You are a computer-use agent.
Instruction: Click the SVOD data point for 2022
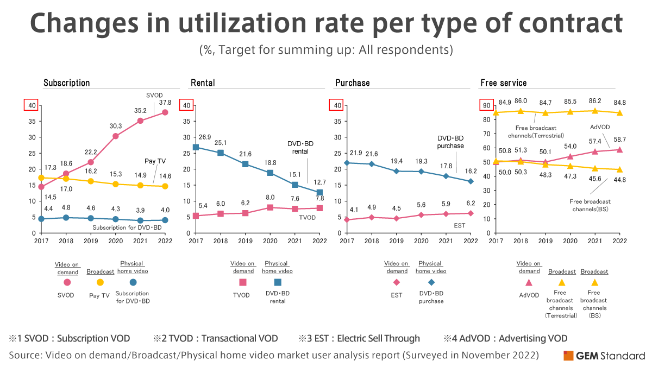click(x=165, y=112)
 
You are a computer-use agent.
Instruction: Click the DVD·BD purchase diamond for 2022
click(x=470, y=181)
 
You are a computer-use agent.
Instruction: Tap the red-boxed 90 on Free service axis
click(x=485, y=105)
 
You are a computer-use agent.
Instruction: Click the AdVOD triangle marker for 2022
click(x=619, y=149)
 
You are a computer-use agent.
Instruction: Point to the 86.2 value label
click(x=595, y=101)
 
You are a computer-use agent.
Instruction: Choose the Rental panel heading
click(x=203, y=83)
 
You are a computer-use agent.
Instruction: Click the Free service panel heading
click(x=503, y=83)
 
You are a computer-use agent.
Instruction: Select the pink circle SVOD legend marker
click(x=67, y=282)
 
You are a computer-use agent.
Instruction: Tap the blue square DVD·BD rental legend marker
click(x=278, y=282)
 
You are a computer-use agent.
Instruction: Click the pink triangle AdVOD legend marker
click(x=529, y=282)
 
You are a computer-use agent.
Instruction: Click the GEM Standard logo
click(x=604, y=356)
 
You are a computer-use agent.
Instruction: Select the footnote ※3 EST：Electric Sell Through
click(x=359, y=338)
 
